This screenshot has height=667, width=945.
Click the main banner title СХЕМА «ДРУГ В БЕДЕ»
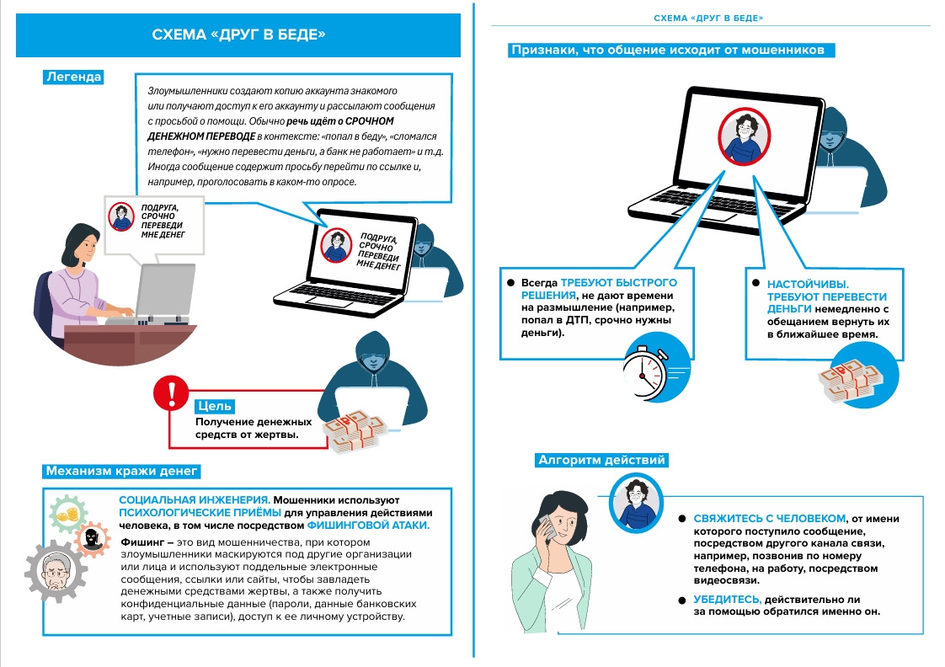(x=238, y=35)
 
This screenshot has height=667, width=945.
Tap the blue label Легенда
(x=73, y=77)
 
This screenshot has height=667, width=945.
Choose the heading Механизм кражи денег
(x=121, y=470)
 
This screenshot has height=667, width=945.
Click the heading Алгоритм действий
(x=601, y=460)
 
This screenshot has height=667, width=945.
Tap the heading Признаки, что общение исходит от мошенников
(x=673, y=51)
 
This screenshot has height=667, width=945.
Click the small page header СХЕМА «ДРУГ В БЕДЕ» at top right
(x=714, y=18)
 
